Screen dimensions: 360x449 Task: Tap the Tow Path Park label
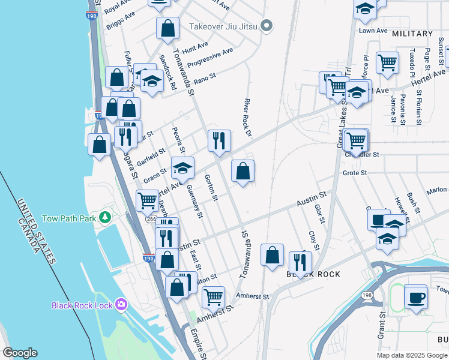click(x=69, y=218)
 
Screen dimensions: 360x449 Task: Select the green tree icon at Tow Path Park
click(x=106, y=216)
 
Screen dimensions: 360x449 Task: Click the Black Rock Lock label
click(x=82, y=305)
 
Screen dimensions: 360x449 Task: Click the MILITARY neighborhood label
click(x=412, y=34)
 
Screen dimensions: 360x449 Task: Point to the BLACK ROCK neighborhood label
click(x=313, y=274)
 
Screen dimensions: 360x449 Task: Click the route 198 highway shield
click(x=367, y=295)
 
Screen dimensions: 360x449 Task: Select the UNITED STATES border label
click(x=36, y=231)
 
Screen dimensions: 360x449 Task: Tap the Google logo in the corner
click(x=20, y=353)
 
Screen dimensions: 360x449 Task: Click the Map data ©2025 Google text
click(x=412, y=355)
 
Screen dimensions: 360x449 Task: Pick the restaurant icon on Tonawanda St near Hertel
click(x=219, y=141)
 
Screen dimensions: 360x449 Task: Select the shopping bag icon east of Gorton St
click(x=243, y=172)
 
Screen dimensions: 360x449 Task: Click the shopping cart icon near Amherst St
click(x=213, y=297)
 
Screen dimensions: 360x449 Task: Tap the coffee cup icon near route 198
click(x=416, y=297)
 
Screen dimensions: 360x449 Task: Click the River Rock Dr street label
click(x=247, y=118)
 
